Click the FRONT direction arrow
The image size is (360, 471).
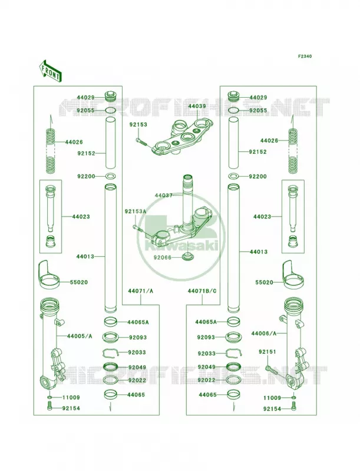point(50,71)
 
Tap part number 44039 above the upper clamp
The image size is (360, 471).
point(197,106)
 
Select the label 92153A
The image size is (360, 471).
point(136,211)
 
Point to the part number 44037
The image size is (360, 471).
point(164,195)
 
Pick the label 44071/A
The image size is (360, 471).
point(141,291)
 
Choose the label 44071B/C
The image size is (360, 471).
point(202,291)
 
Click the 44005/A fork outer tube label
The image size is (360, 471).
point(80,336)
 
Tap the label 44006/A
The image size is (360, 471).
point(264,333)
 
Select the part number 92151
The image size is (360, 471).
point(267,351)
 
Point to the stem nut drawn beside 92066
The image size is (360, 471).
point(188,257)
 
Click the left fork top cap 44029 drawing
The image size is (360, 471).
point(111,97)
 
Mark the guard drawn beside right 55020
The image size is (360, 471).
point(293,275)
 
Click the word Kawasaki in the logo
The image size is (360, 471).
point(181,246)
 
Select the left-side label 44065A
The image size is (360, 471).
point(138,322)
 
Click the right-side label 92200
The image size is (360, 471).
point(257,176)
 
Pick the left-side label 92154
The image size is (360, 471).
point(71,408)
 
